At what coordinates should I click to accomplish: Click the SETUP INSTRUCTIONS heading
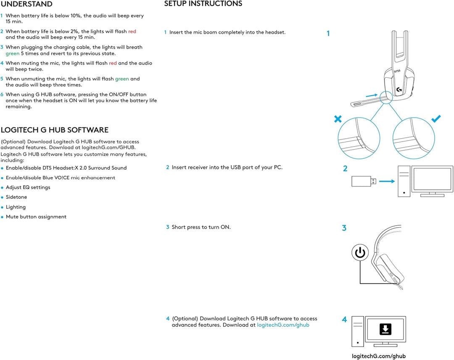tap(203, 4)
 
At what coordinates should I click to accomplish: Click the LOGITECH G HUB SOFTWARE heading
tap(55, 130)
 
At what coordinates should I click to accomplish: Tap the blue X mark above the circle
tap(338, 119)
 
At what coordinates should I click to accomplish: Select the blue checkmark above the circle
tap(436, 119)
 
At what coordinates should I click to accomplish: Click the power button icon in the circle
tap(360, 253)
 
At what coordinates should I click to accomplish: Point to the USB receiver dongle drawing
tap(361, 181)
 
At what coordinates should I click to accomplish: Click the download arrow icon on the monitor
tap(385, 329)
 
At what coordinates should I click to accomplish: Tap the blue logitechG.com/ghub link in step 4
tap(283, 325)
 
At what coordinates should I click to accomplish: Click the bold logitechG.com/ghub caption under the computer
tap(379, 356)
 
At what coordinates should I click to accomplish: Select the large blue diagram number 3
tap(344, 228)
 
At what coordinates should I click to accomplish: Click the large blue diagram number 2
tap(345, 168)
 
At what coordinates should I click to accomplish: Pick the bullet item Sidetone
tap(16, 197)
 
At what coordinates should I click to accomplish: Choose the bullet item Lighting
tap(16, 207)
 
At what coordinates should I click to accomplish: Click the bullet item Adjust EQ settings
tap(28, 187)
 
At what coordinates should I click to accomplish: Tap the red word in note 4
tap(113, 63)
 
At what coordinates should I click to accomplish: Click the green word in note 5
tap(122, 79)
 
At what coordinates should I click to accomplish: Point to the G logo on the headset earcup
tap(399, 89)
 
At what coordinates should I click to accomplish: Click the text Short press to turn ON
tap(201, 227)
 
